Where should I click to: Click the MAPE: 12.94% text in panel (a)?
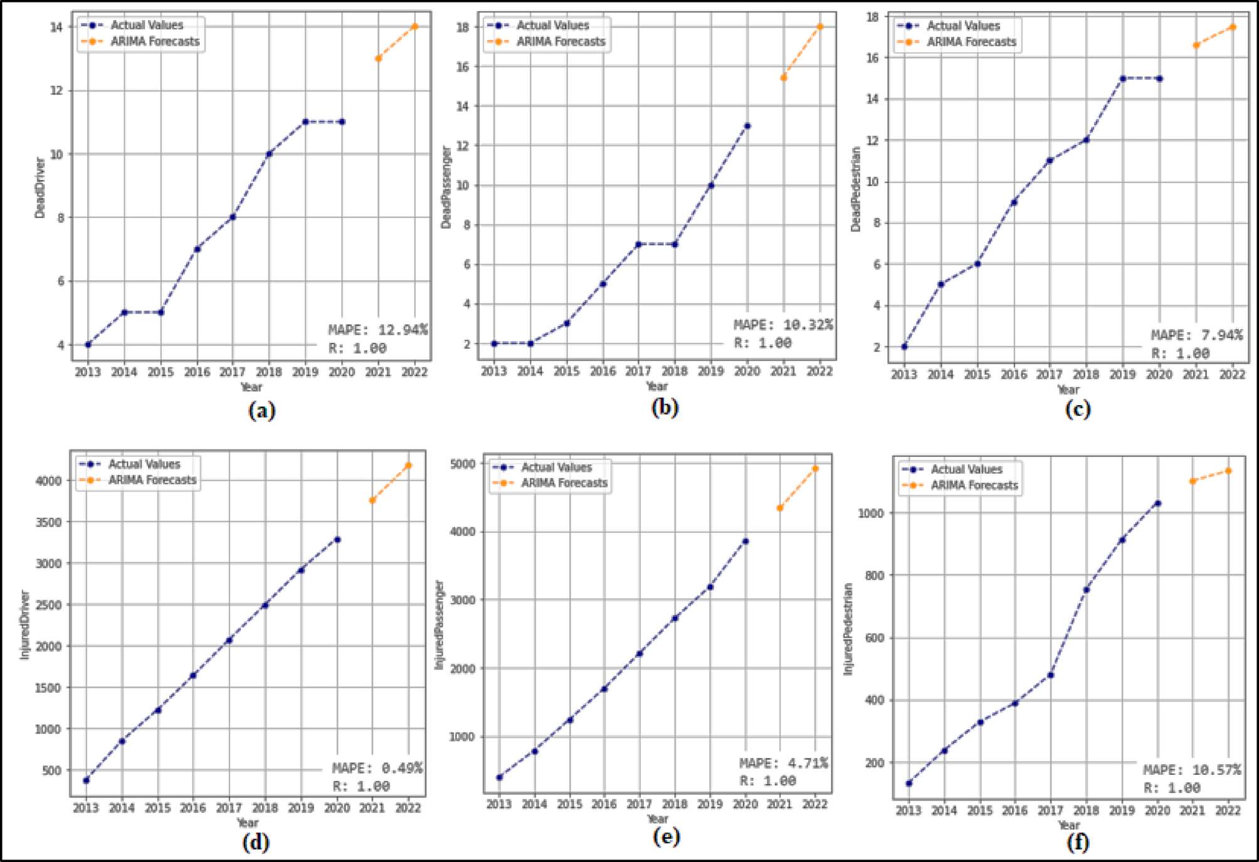click(377, 330)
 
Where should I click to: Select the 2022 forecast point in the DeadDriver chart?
click(414, 26)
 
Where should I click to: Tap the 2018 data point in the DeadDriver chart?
click(269, 154)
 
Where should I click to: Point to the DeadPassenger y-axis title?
click(446, 187)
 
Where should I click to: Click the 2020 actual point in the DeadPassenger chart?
click(747, 126)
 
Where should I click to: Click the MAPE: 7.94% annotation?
click(1196, 335)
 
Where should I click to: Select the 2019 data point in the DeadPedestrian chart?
click(1122, 78)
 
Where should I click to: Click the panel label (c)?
click(1078, 409)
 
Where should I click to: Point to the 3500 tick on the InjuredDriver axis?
click(48, 522)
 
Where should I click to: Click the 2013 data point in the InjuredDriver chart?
click(86, 780)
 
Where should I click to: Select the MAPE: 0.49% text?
click(377, 768)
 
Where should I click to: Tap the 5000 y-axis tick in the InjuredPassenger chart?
click(463, 464)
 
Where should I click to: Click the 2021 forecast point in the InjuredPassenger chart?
click(780, 508)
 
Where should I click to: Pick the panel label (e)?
click(666, 836)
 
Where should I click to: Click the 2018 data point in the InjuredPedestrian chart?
click(1087, 590)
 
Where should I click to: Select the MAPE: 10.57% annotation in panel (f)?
click(1191, 770)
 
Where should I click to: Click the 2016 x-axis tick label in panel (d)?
click(192, 808)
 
